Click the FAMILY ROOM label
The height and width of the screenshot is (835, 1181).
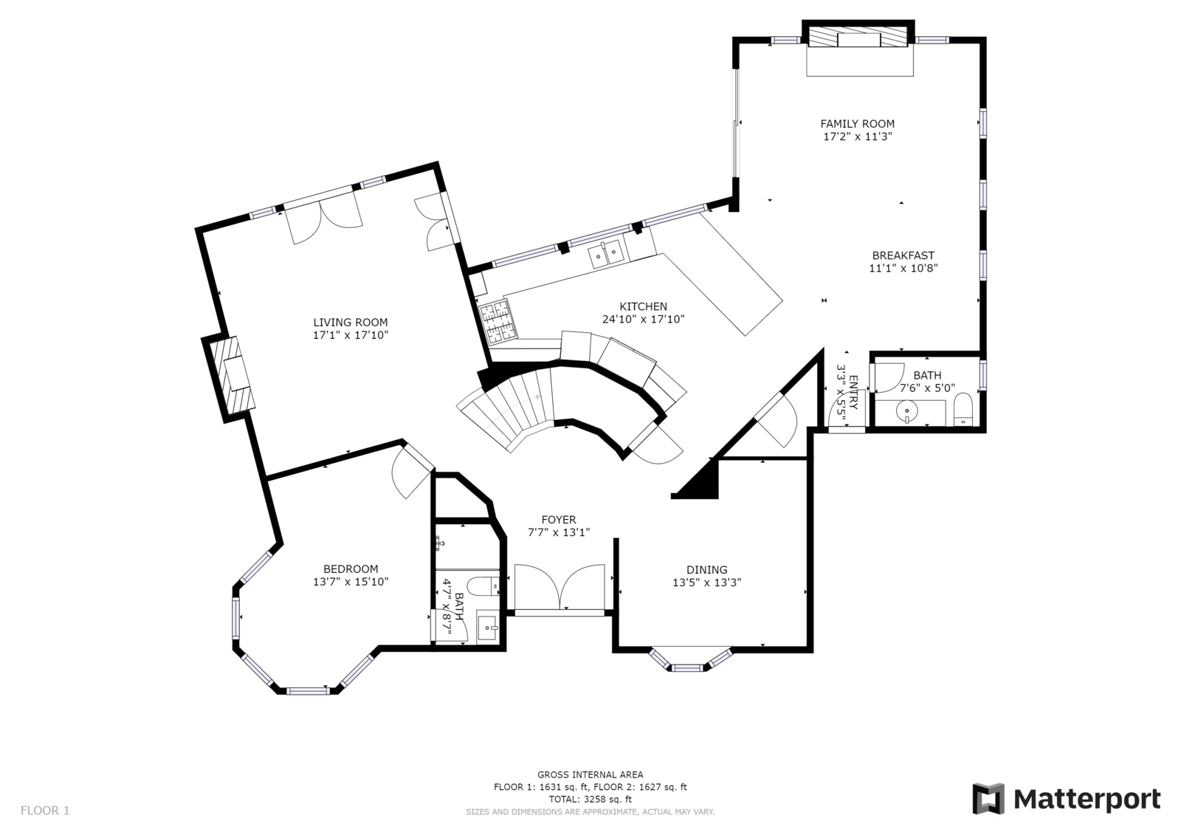pyautogui.click(x=857, y=124)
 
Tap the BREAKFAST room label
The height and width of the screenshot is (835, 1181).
pyautogui.click(x=903, y=255)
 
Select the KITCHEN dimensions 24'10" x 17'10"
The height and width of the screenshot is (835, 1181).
pyautogui.click(x=643, y=319)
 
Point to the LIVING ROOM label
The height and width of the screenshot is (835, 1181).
pyautogui.click(x=351, y=323)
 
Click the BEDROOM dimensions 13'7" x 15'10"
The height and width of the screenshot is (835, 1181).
pyautogui.click(x=351, y=582)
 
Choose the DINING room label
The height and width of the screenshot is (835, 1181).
pyautogui.click(x=706, y=570)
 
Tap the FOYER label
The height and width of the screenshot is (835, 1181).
pyautogui.click(x=559, y=520)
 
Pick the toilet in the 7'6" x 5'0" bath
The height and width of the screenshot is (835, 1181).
pyautogui.click(x=963, y=409)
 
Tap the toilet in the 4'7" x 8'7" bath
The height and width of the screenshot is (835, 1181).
pyautogui.click(x=484, y=585)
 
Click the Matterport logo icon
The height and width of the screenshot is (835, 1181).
pyautogui.click(x=988, y=799)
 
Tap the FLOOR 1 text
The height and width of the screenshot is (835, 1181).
pyautogui.click(x=45, y=811)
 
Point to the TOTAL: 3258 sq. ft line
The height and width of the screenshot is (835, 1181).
pyautogui.click(x=590, y=799)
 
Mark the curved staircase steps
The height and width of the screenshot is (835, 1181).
pyautogui.click(x=506, y=409)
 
